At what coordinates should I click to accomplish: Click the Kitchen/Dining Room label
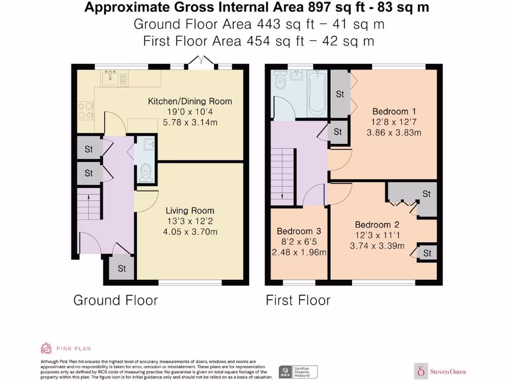[190, 101]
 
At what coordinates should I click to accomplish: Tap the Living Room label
[190, 210]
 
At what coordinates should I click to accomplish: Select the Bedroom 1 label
[394, 112]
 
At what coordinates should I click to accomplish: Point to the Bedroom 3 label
[299, 231]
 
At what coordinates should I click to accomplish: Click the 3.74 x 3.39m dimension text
[377, 246]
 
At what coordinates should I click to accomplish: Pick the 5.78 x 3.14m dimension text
[190, 123]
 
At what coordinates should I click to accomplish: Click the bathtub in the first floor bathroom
[317, 94]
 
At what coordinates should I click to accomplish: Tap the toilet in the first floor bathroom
[279, 80]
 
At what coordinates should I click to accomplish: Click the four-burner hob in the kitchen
[85, 111]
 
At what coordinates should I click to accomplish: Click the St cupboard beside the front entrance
[122, 268]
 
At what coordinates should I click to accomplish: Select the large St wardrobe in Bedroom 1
[340, 94]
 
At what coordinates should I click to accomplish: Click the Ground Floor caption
[115, 300]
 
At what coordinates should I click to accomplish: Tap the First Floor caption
[298, 300]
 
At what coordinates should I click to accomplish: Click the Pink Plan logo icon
[46, 348]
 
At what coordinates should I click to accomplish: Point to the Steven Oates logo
[440, 371]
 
